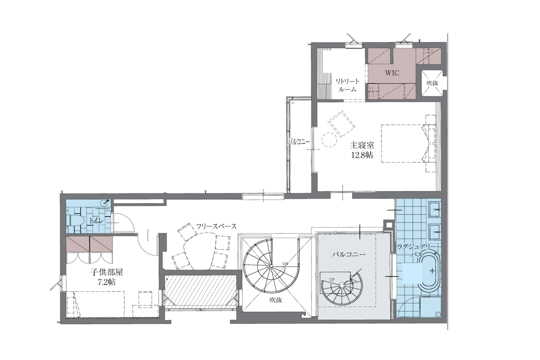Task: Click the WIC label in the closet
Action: [392, 73]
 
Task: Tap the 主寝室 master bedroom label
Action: [362, 145]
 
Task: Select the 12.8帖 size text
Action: [362, 155]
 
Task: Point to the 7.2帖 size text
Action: [107, 282]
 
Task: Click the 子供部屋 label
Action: [107, 272]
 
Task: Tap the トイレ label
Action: [96, 220]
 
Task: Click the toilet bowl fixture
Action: [76, 220]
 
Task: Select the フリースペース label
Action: [216, 226]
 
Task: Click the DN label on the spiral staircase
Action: [285, 264]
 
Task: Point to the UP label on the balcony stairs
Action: [332, 280]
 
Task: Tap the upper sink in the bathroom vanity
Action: [436, 209]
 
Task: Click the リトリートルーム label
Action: [347, 85]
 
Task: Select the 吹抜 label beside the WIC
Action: [432, 83]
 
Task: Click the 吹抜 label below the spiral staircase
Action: [276, 300]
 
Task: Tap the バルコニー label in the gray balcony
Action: [349, 254]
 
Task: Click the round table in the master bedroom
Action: [329, 139]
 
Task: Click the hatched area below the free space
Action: [200, 292]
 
